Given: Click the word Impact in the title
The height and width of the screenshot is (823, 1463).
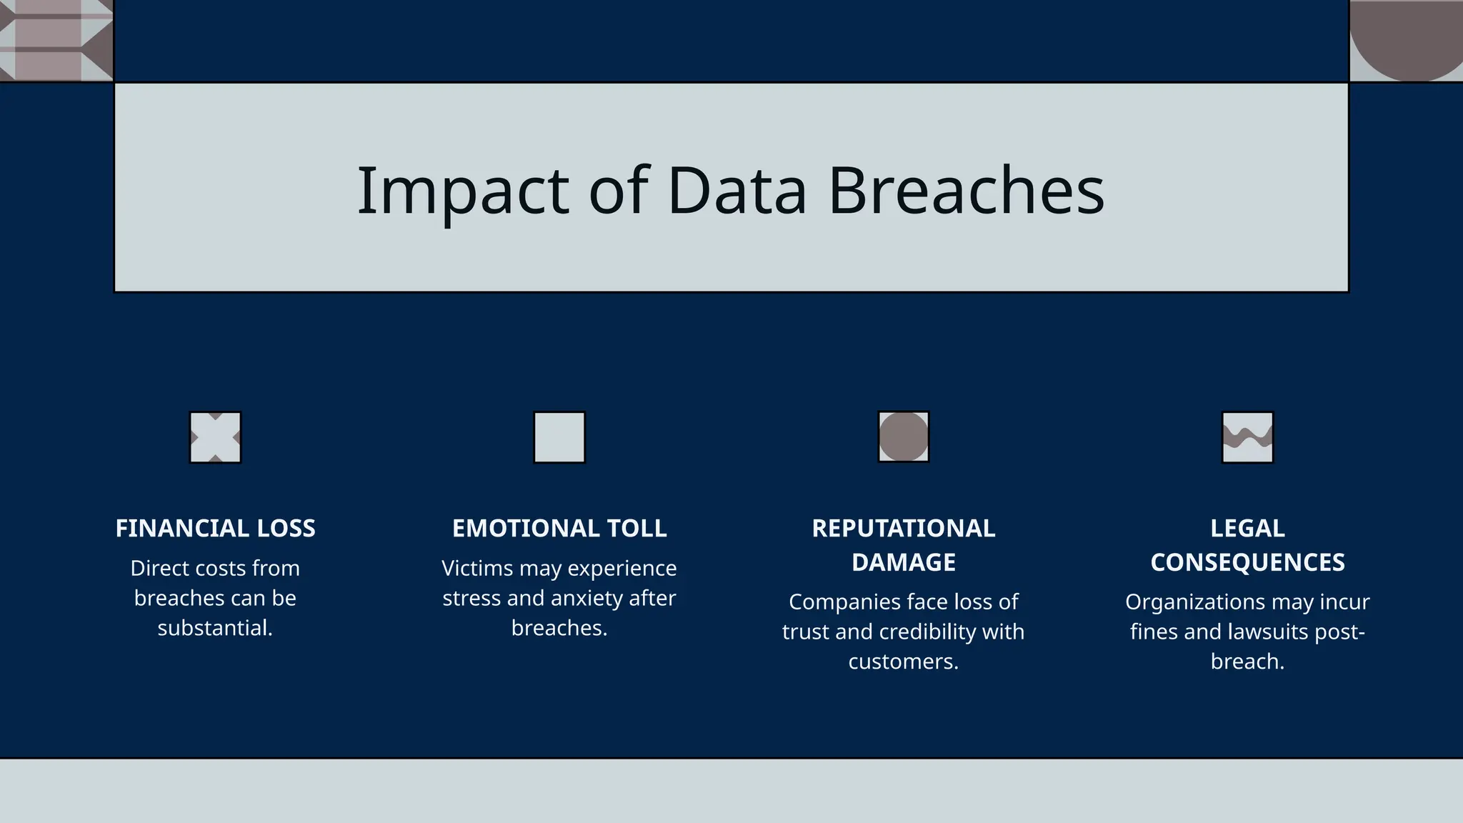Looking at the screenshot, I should [462, 191].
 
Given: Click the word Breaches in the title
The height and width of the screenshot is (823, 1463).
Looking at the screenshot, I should [966, 191].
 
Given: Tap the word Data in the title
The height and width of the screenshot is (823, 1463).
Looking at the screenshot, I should [737, 191].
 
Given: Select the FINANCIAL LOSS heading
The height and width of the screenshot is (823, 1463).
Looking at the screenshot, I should [215, 529].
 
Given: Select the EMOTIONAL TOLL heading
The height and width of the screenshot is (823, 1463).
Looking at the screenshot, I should [559, 529].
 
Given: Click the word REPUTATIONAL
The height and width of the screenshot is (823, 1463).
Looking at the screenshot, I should [903, 529].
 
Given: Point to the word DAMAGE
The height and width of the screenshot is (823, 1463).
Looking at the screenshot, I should [903, 562].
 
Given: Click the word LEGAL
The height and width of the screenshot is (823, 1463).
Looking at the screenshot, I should [1247, 529].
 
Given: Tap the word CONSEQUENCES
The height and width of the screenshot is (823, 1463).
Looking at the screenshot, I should [1247, 562].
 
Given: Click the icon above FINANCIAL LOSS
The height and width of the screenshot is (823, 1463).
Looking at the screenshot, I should [215, 437].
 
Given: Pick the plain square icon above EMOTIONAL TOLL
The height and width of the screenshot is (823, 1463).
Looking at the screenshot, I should [559, 437].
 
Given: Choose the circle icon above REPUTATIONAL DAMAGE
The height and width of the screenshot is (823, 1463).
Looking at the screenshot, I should [903, 437].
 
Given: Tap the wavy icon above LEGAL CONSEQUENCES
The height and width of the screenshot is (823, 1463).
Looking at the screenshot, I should [1247, 437].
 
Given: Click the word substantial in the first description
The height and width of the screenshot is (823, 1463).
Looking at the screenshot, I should [214, 628].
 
